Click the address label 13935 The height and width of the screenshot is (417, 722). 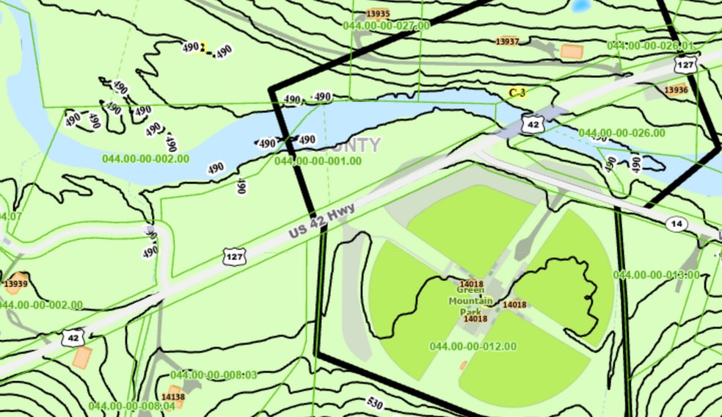point(378,13)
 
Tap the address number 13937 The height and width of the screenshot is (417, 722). point(507,41)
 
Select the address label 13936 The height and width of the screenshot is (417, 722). point(676,90)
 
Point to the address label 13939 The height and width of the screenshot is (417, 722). point(15,283)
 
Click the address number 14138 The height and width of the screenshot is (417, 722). point(173,396)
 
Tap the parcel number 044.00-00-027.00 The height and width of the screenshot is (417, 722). point(387,26)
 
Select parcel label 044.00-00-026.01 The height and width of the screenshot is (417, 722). point(650,46)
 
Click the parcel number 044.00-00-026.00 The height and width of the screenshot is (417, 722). point(622,133)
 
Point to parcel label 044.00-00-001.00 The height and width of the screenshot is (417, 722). point(318,160)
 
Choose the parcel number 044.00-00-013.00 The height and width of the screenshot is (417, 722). point(656,275)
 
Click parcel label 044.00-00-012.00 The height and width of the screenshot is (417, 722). point(473,346)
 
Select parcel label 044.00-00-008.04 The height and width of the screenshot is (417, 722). point(132,405)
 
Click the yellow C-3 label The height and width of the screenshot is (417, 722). point(517,93)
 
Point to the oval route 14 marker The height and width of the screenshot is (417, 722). point(677,223)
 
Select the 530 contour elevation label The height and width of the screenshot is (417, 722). point(376,405)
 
